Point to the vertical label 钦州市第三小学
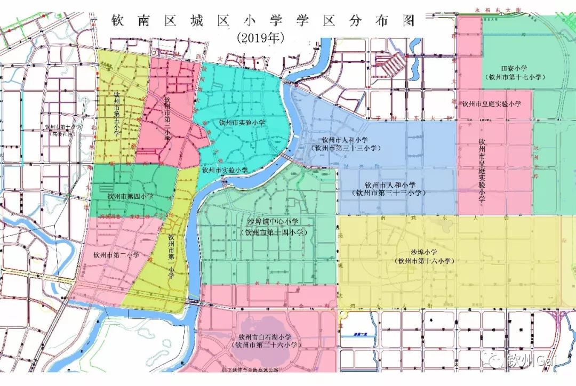coord(167,119)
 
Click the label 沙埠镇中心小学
coord(273,221)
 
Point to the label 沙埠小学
coord(424,252)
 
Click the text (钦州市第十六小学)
coord(424,261)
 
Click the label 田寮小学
coord(514,68)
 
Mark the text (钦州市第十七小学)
coord(514,77)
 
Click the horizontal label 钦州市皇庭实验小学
coord(491,103)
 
